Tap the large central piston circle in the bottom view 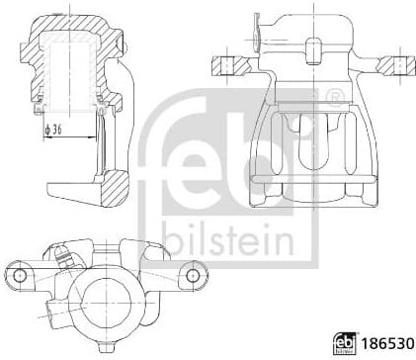108,296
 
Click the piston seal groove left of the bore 40,99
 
